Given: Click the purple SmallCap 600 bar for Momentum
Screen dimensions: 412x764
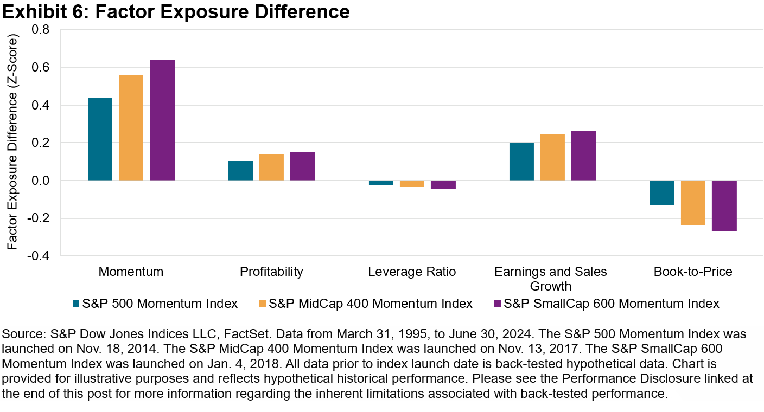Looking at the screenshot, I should point(162,120).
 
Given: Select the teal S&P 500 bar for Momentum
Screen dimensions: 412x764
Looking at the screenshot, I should point(100,139).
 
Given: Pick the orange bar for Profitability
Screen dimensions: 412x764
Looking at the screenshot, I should point(271,168).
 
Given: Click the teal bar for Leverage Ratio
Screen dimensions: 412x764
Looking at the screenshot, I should point(381,183).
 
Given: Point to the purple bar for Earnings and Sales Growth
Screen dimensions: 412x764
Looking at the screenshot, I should point(584,156).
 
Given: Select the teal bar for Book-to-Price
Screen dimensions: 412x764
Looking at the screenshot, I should point(662,193).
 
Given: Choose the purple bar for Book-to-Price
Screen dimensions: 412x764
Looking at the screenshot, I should point(724,206).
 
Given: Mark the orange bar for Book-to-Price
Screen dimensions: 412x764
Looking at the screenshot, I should point(693,203).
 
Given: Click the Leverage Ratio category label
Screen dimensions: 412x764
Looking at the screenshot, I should point(412,272).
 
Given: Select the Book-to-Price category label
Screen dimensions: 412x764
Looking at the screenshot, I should point(693,272).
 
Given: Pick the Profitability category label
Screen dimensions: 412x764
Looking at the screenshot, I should point(271,272).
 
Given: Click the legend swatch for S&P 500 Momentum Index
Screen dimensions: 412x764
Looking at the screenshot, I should point(76,304).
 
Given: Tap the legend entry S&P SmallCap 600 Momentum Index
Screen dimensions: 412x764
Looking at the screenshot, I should point(611,304).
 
